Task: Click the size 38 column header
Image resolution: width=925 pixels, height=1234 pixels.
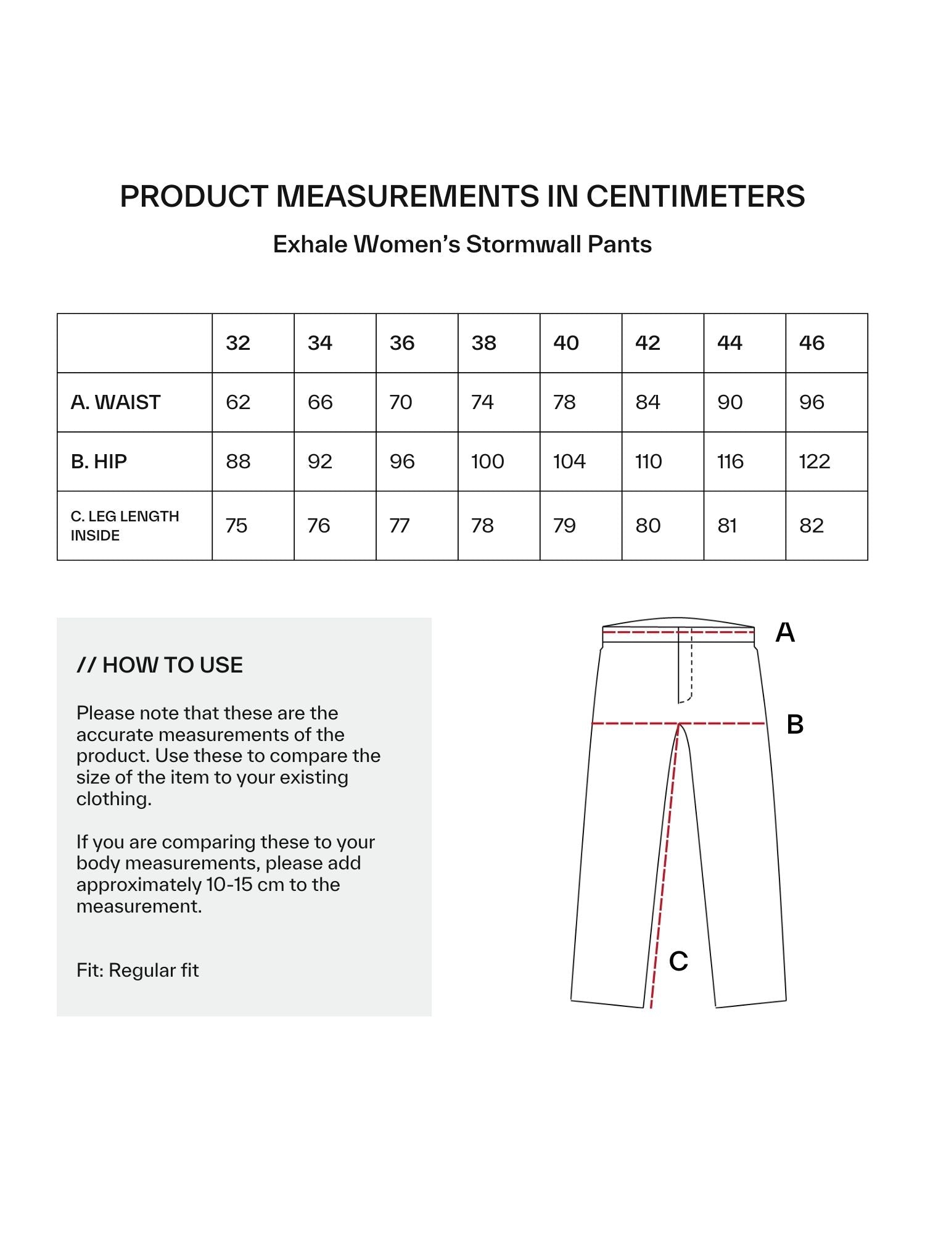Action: (483, 343)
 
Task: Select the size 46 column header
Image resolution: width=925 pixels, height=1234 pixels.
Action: (812, 343)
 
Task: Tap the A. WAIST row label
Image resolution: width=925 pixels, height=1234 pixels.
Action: (115, 402)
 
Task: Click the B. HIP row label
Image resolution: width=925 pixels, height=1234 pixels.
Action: (99, 462)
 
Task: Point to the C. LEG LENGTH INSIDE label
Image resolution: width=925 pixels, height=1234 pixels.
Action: (125, 526)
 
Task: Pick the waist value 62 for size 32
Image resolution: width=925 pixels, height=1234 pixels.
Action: (238, 402)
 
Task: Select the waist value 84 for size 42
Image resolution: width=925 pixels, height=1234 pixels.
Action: (647, 402)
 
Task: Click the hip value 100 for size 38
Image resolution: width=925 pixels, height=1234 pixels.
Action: (487, 462)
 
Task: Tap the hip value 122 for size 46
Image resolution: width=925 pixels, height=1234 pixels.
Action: (814, 462)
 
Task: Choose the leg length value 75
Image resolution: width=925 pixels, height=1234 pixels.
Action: (236, 526)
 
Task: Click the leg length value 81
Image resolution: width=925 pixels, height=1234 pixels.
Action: (727, 526)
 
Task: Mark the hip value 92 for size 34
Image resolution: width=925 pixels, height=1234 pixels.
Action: (319, 462)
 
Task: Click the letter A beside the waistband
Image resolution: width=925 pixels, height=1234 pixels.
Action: (785, 632)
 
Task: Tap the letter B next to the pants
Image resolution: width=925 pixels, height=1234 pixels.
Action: (795, 724)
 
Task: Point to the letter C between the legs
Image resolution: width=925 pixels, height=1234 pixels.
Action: (678, 961)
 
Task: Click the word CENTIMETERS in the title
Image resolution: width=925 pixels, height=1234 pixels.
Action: (695, 196)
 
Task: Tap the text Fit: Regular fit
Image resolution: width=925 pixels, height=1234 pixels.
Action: (138, 971)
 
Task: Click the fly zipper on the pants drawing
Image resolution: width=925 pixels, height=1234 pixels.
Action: (684, 669)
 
